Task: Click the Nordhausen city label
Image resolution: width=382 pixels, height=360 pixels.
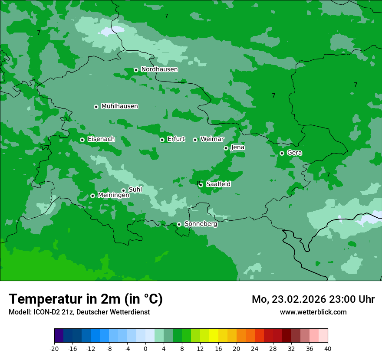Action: point(159,69)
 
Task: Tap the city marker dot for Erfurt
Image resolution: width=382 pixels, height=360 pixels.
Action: point(162,140)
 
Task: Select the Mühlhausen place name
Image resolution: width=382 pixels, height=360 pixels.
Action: point(119,106)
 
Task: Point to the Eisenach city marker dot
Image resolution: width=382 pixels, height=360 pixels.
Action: point(82,140)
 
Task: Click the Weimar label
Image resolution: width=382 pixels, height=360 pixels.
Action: point(212,139)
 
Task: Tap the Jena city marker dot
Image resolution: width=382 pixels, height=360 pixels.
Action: point(226,148)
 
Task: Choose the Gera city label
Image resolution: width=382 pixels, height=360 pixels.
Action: point(294,153)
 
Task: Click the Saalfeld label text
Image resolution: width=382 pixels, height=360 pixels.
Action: point(218,184)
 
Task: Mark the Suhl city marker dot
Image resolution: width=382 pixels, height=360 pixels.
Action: point(123,190)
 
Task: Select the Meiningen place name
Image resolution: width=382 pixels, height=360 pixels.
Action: point(113,196)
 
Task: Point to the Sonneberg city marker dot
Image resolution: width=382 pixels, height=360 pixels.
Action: point(179,224)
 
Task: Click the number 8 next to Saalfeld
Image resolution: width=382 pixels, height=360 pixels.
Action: point(198,183)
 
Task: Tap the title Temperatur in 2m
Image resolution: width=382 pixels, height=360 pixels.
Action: point(86,299)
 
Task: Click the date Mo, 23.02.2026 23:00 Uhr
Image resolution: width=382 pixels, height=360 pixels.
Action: point(313,299)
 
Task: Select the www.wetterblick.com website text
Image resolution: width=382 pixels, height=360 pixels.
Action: point(313,312)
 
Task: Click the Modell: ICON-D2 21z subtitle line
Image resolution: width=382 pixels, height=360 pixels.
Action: point(79,312)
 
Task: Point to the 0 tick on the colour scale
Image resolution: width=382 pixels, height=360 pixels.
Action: point(145,348)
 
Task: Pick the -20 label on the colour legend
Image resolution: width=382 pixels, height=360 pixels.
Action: point(54,348)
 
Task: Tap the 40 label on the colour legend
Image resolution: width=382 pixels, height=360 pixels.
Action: point(328,348)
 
